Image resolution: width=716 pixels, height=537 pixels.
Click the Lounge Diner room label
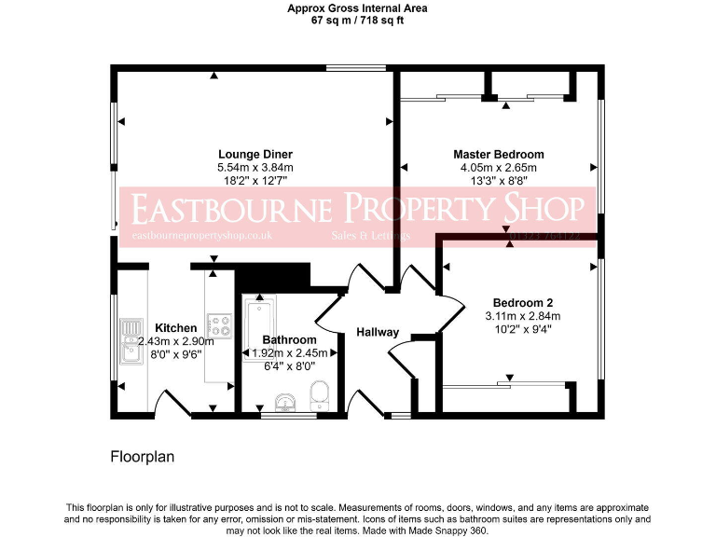pos(255,155)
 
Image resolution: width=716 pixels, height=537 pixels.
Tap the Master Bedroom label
pos(498,155)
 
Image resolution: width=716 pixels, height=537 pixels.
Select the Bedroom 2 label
pos(522,303)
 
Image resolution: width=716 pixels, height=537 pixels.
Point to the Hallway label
pos(378,333)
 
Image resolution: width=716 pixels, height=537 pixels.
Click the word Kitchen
pos(176,328)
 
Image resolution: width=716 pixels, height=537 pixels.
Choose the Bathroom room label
pos(290,340)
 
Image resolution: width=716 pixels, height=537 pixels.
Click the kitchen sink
pos(128,340)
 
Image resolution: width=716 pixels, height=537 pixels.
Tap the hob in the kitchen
pos(220,327)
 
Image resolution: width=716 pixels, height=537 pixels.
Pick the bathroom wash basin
pos(284,402)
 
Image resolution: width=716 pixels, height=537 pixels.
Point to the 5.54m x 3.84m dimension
pos(255,168)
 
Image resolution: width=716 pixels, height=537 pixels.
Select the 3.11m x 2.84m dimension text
pos(522,316)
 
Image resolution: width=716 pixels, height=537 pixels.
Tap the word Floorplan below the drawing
pos(143,458)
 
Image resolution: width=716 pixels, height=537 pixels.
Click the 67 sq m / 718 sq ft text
pos(358,20)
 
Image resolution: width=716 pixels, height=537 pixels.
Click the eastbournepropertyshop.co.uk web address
pos(202,237)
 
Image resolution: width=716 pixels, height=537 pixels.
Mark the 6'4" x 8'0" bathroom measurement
pos(290,366)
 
